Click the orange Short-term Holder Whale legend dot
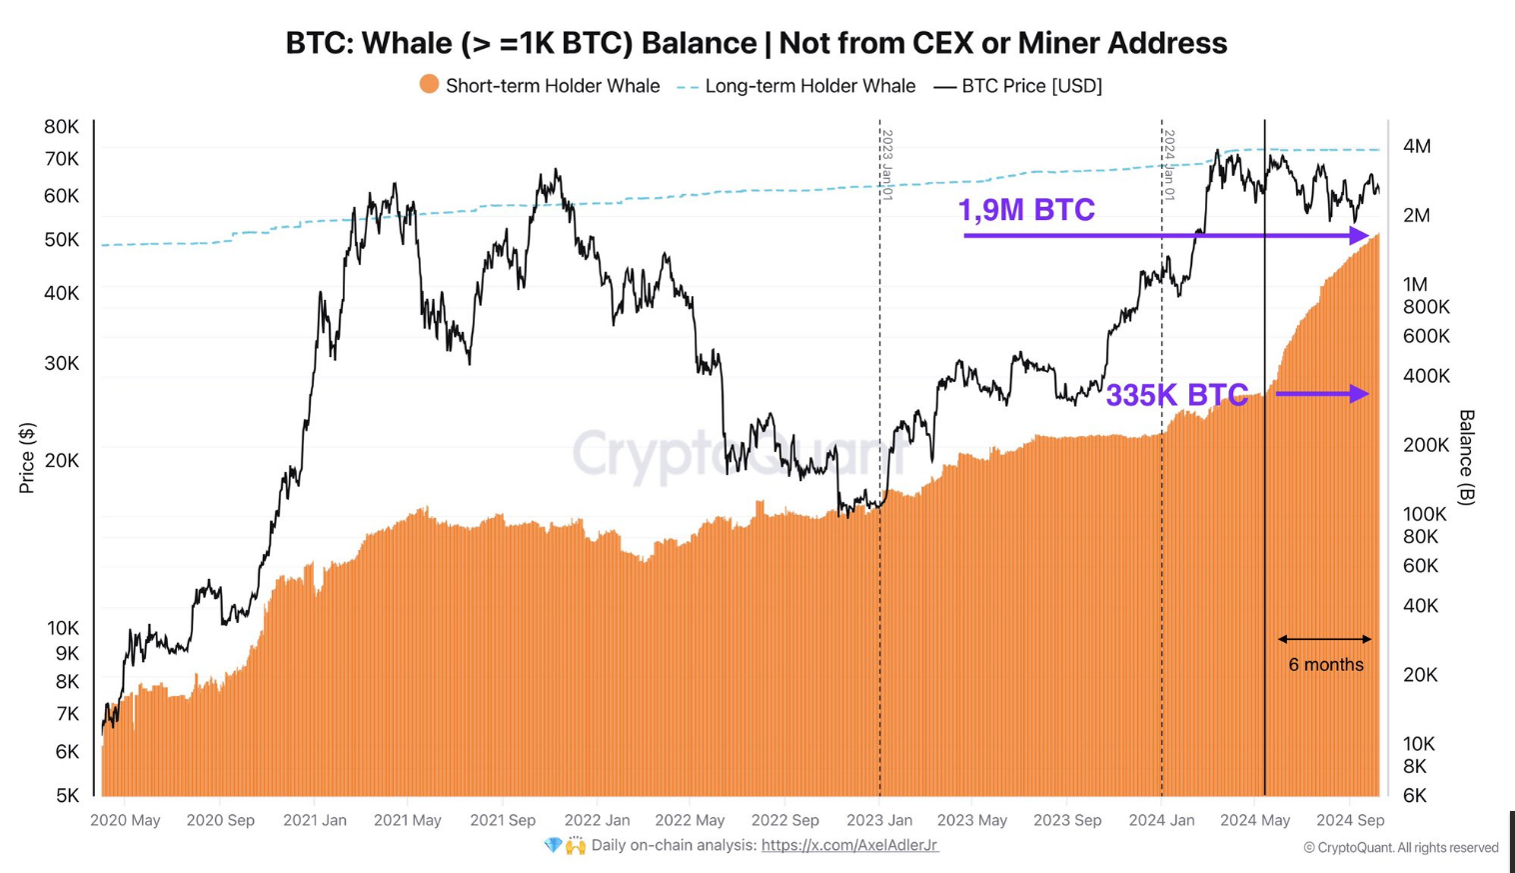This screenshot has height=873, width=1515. pos(429,85)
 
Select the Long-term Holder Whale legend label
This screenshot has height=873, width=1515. pos(809,86)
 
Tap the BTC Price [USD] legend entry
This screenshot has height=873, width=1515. pos(1031,86)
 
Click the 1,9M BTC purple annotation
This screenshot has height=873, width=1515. pos(1026,210)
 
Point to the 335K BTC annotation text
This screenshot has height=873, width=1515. pos(1176,395)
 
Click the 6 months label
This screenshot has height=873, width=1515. pos(1325,665)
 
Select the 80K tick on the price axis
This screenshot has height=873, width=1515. pos(61,127)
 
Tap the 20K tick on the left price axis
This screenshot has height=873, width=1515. pos(61,461)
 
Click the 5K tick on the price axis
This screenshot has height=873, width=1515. pos(66,796)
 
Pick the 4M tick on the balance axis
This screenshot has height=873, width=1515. pos(1416,147)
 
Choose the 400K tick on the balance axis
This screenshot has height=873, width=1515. pos(1425,376)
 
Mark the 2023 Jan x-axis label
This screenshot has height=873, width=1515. pos(879,820)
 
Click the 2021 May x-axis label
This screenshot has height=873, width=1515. pos(407,820)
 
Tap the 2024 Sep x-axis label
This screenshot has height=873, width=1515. pos(1350,820)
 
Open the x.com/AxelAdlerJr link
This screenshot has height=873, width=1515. pos(849,846)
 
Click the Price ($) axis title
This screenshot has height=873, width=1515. pos(27,458)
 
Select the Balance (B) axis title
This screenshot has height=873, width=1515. pos(1466,457)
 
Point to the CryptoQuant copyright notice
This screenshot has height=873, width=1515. pos(1400,848)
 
